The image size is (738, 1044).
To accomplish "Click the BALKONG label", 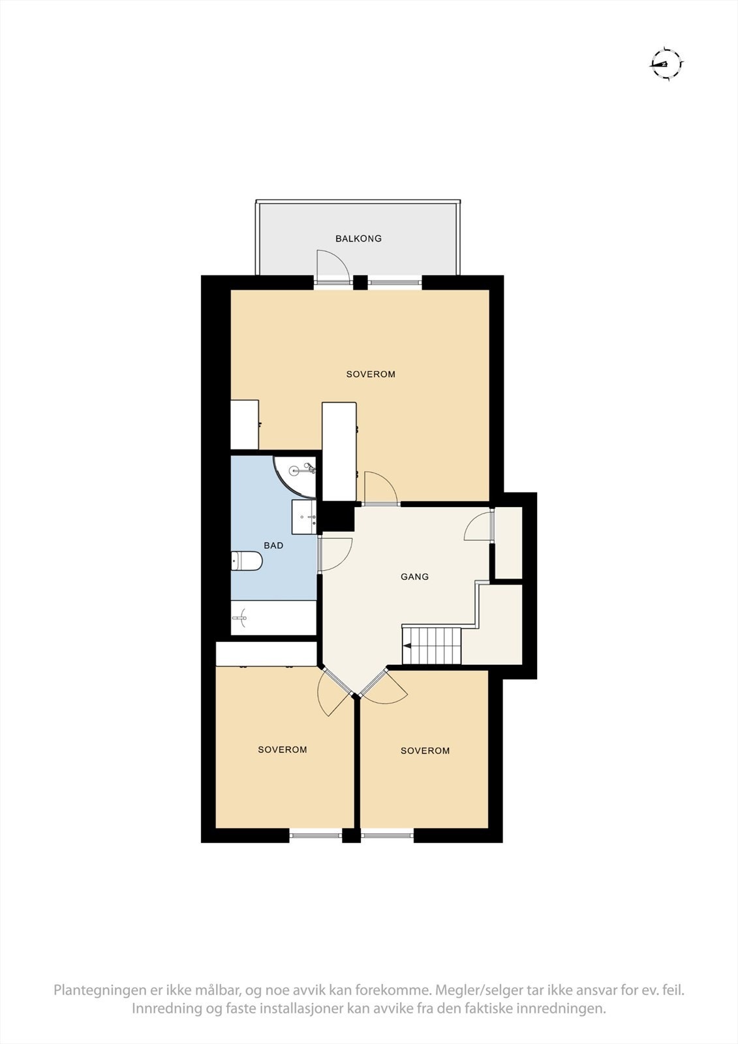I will point(358,239).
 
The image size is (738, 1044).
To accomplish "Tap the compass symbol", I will point(667,63).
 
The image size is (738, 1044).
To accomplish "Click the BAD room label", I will point(273,545).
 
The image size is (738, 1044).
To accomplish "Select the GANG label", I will point(414,577).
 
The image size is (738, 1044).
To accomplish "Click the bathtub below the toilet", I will point(273,617).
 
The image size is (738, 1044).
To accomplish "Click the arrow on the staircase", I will point(407,647).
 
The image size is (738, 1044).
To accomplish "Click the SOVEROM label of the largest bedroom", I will point(371,375).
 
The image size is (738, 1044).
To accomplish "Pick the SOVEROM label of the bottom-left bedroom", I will point(282,750).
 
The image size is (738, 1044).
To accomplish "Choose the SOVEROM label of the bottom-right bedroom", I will point(425,751).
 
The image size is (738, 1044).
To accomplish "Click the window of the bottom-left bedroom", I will point(316,835).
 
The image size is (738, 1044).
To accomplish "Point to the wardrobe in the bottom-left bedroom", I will point(266,654).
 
